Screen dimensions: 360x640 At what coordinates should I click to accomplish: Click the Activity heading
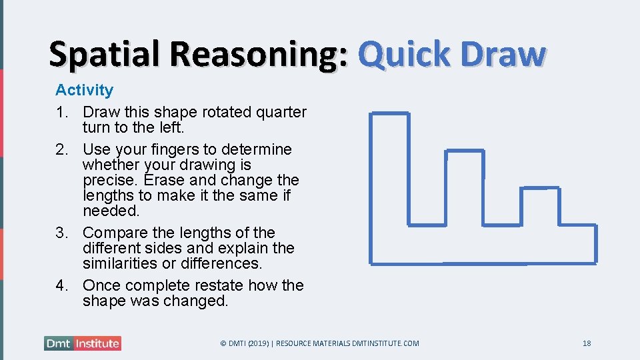[x=84, y=90]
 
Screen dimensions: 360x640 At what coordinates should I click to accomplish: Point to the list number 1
[x=61, y=112]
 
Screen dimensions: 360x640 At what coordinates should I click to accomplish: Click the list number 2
[x=61, y=149]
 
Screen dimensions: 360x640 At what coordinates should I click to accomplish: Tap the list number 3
[x=61, y=233]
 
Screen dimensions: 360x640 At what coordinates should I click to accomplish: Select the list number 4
[x=61, y=285]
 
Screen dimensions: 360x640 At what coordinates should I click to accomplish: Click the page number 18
[x=587, y=343]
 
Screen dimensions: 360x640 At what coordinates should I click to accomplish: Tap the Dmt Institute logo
[x=83, y=343]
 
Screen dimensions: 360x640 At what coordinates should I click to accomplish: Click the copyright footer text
[x=319, y=343]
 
